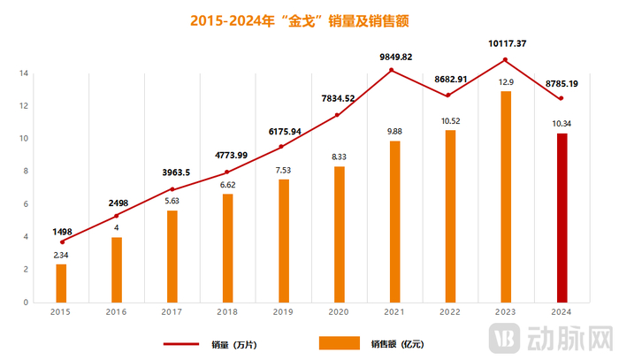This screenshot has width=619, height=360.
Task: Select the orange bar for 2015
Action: (61, 283)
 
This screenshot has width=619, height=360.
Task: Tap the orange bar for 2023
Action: (506, 196)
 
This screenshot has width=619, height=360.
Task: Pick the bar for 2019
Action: (283, 241)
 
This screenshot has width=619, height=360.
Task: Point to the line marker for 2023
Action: (505, 60)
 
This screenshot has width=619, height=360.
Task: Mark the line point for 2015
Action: (61, 241)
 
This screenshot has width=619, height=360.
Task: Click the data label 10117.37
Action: (506, 42)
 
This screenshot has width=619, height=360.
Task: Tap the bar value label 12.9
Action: (506, 81)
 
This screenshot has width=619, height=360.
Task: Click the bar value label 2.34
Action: (61, 255)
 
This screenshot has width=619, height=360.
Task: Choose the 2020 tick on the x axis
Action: (338, 312)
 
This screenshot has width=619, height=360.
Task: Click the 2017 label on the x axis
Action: (172, 312)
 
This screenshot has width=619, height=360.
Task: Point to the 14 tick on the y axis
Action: (22, 73)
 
